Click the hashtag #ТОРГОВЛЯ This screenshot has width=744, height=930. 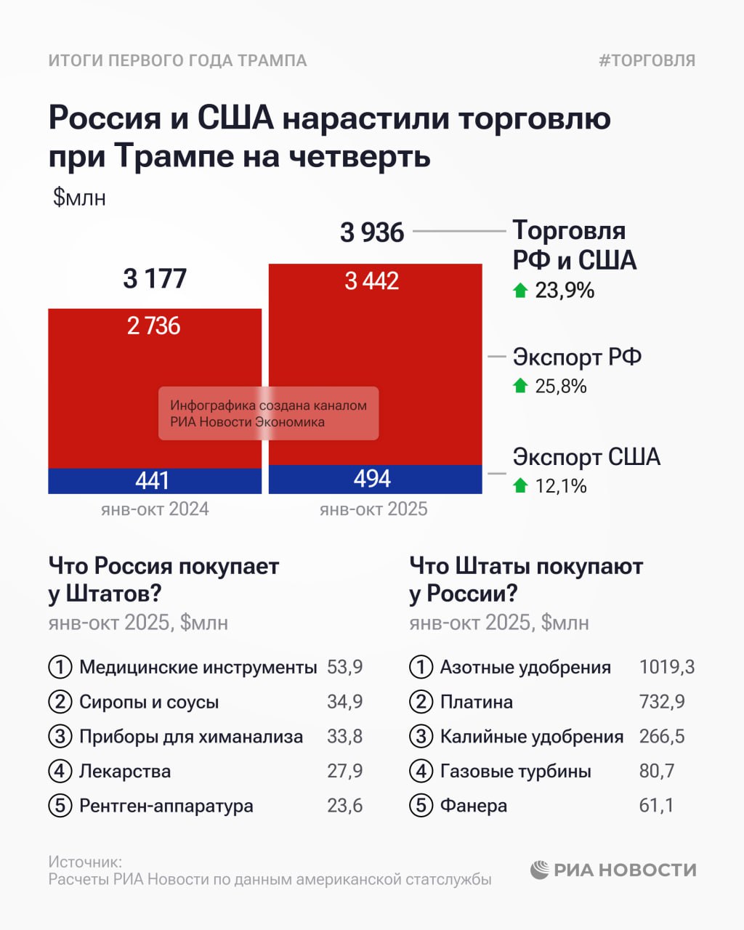click(x=647, y=60)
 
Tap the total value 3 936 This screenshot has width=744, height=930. click(x=372, y=232)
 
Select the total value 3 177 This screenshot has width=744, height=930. click(x=155, y=278)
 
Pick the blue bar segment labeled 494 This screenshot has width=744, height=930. click(x=373, y=479)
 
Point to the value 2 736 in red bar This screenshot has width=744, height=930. click(x=153, y=325)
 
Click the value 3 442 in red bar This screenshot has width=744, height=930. click(x=372, y=281)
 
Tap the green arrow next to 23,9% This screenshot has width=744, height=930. click(x=520, y=291)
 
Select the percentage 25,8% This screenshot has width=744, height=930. click(x=561, y=386)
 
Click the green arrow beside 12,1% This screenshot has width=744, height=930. click(x=520, y=485)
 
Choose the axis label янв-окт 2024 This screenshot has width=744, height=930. click(x=155, y=509)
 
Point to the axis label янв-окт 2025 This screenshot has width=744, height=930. click(x=373, y=509)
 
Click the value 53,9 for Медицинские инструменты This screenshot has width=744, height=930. click(x=344, y=667)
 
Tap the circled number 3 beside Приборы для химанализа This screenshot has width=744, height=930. click(x=60, y=737)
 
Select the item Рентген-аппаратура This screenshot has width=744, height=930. click(x=166, y=806)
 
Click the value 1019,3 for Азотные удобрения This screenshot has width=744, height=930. click(x=666, y=667)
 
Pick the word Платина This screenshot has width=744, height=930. click(x=476, y=702)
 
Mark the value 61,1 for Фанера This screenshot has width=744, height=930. click(x=656, y=806)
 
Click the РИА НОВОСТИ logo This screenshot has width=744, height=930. click(x=613, y=870)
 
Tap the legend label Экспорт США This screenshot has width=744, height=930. click(x=586, y=457)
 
